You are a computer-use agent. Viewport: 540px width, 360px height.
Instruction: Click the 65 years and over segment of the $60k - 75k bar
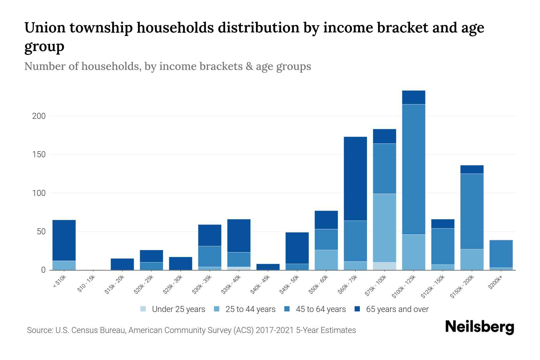pyautogui.click(x=355, y=178)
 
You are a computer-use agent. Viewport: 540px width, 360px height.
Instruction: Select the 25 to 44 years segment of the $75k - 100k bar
pyautogui.click(x=384, y=228)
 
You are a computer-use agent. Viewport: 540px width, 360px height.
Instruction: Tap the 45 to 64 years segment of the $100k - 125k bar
pyautogui.click(x=413, y=169)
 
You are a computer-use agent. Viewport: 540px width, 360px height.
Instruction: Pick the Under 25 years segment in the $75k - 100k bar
pyautogui.click(x=384, y=266)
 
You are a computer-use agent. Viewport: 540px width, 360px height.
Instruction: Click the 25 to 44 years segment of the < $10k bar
pyautogui.click(x=64, y=265)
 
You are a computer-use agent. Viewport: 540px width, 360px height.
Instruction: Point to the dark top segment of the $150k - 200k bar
pyautogui.click(x=472, y=169)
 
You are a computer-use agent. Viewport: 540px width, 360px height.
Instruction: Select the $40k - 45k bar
pyautogui.click(x=268, y=267)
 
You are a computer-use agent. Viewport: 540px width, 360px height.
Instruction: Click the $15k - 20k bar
pyautogui.click(x=122, y=264)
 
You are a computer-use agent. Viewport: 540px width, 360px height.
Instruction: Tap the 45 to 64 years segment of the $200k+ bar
pyautogui.click(x=501, y=254)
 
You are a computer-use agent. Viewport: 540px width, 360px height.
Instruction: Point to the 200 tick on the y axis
pyautogui.click(x=39, y=116)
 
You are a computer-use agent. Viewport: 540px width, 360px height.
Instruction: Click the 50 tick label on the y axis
pyautogui.click(x=41, y=232)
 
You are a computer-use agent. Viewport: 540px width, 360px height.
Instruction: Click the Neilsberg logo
pyautogui.click(x=479, y=327)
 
